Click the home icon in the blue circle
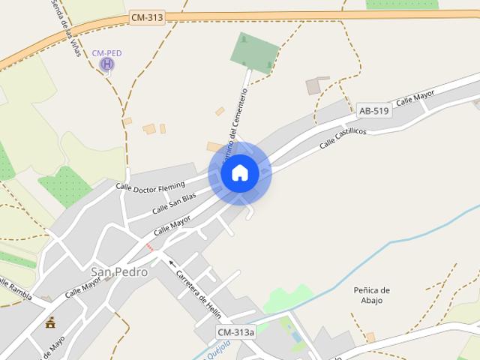click(240, 173)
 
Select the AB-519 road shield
click(373, 111)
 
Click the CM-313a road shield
click(235, 332)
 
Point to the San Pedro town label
click(119, 271)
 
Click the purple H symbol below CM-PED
click(107, 64)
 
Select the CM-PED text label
click(106, 53)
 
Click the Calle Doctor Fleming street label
click(150, 185)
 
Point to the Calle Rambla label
click(14, 289)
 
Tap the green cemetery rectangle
click(254, 52)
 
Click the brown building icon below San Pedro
click(51, 322)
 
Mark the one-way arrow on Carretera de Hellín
click(172, 263)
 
